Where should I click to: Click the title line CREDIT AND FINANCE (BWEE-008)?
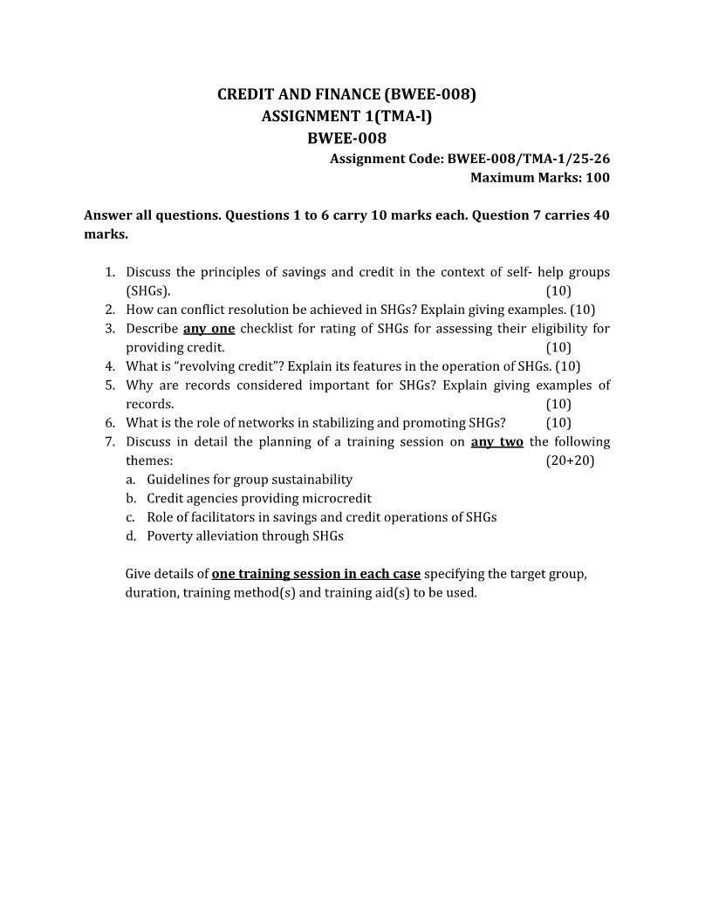pyautogui.click(x=346, y=94)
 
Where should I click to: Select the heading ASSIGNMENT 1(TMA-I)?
pyautogui.click(x=346, y=115)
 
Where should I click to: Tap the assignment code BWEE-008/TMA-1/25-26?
pyautogui.click(x=528, y=159)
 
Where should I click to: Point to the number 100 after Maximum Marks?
pyautogui.click(x=598, y=178)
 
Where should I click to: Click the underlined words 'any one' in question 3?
pyautogui.click(x=209, y=329)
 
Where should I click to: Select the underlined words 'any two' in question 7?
pyautogui.click(x=497, y=442)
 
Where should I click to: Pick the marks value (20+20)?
pyautogui.click(x=570, y=460)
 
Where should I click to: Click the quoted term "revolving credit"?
pyautogui.click(x=214, y=366)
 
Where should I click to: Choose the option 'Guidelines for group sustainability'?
pyautogui.click(x=250, y=480)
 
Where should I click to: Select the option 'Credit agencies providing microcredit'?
pyautogui.click(x=259, y=499)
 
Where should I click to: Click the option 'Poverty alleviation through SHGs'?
pyautogui.click(x=245, y=536)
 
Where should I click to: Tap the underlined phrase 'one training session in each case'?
pyautogui.click(x=317, y=574)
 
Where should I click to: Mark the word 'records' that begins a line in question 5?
pyautogui.click(x=150, y=405)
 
